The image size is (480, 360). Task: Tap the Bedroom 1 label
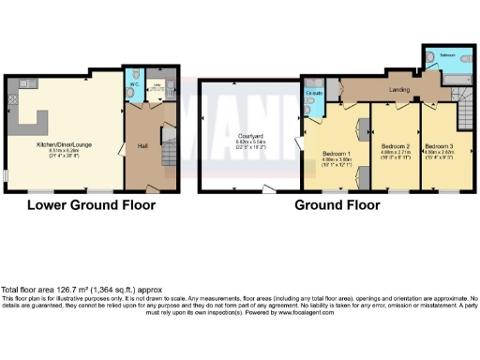pyautogui.click(x=334, y=153)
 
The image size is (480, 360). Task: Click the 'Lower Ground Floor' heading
pyautogui.click(x=90, y=203)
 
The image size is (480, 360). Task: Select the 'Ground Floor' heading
pyautogui.click(x=337, y=203)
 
